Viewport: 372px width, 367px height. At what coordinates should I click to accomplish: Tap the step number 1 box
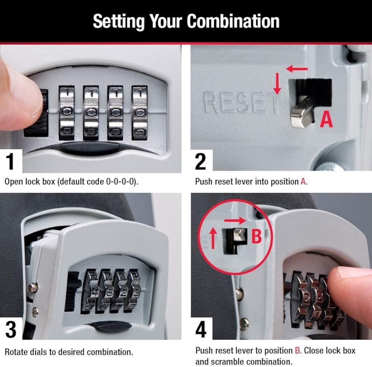(x=11, y=161)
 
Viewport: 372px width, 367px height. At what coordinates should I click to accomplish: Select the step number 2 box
(x=201, y=161)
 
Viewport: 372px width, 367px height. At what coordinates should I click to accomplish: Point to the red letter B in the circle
(x=256, y=236)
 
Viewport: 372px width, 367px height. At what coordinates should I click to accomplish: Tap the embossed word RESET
(x=240, y=104)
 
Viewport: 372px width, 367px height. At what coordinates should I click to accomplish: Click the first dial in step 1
(x=67, y=112)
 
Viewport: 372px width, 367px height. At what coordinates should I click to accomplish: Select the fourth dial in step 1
(x=139, y=112)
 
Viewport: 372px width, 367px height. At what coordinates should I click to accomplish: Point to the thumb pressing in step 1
(x=19, y=93)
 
